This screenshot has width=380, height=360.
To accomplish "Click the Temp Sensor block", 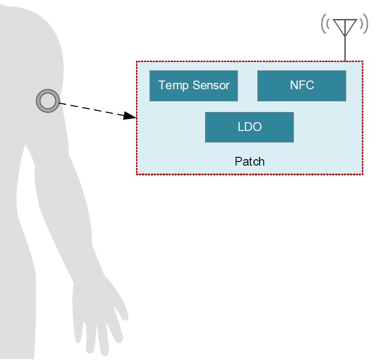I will pyautogui.click(x=193, y=86).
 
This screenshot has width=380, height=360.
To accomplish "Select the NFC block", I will pyautogui.click(x=301, y=86).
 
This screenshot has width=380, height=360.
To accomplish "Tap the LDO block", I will pyautogui.click(x=249, y=127).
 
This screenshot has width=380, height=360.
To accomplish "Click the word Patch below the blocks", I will pyautogui.click(x=249, y=161).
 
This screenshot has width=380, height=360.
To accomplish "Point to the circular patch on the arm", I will pyautogui.click(x=47, y=101).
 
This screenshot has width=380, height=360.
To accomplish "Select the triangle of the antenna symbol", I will pyautogui.click(x=345, y=26).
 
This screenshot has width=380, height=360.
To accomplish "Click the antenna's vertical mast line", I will pyautogui.click(x=345, y=49).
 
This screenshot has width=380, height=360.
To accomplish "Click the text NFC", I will pyautogui.click(x=301, y=86).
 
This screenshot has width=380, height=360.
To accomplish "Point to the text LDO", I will pyautogui.click(x=249, y=127).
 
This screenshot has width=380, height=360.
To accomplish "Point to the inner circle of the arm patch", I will pyautogui.click(x=47, y=101).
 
